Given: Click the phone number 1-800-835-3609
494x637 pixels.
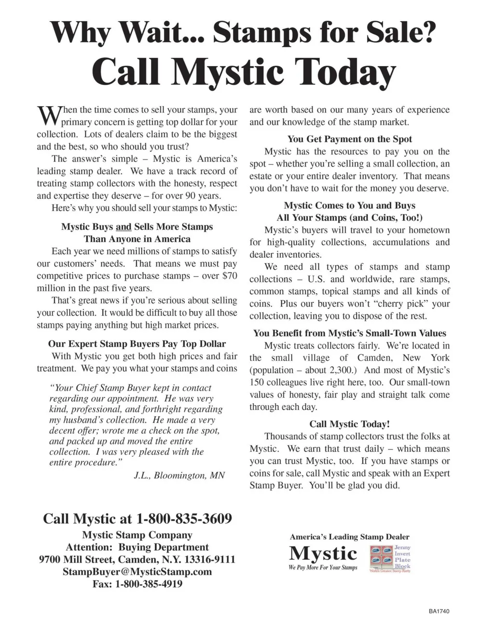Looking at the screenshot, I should click(x=184, y=519).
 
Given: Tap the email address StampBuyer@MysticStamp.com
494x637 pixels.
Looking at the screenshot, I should click(x=137, y=572).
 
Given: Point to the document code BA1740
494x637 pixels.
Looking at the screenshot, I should click(x=439, y=611).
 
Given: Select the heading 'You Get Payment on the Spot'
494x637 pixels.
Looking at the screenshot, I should click(x=350, y=139).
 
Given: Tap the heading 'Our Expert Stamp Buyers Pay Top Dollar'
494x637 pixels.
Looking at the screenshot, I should click(x=137, y=344).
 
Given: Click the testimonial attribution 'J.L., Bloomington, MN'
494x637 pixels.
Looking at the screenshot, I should click(x=179, y=475).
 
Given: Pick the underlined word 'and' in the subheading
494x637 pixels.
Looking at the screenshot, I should click(x=123, y=227).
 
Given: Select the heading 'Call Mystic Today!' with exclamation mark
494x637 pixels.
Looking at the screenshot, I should click(x=350, y=424).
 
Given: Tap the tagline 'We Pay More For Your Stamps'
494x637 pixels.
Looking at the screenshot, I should click(x=323, y=568).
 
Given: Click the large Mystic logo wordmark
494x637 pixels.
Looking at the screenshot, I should click(x=323, y=553).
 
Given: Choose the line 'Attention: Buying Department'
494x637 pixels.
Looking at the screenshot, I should click(x=137, y=547).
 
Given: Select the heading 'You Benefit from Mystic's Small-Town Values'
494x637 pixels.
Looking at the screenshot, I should click(x=350, y=333).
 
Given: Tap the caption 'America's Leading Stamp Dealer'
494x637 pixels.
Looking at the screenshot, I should click(x=350, y=537).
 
